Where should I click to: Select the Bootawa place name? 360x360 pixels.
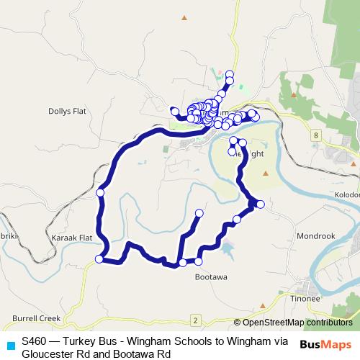pos(212,277)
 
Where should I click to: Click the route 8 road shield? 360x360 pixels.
pos(316,135)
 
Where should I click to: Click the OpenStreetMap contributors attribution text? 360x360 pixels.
pos(293,322)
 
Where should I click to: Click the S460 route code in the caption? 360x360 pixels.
pos(36,341)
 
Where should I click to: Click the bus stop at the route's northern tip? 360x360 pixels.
pos(230,73)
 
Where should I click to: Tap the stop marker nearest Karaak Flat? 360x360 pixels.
pos(99,259)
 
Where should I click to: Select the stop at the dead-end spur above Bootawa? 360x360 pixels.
pos(199,214)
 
